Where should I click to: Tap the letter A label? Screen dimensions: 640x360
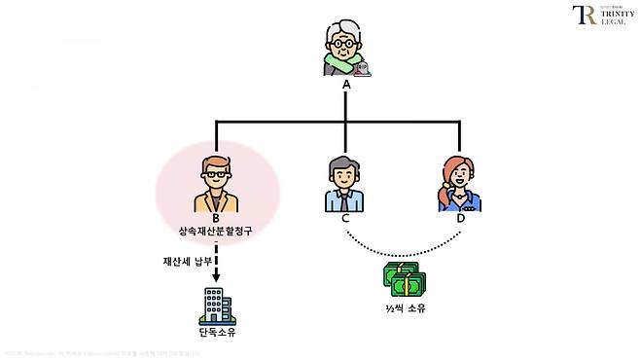click(x=345, y=85)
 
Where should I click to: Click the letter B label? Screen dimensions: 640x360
click(x=216, y=219)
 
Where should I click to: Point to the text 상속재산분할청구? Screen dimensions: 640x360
click(x=216, y=234)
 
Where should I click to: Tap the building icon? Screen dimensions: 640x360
click(x=216, y=306)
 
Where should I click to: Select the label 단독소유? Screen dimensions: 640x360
click(x=216, y=333)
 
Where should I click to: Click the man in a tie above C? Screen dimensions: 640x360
click(x=344, y=183)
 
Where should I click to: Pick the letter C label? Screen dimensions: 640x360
click(x=345, y=219)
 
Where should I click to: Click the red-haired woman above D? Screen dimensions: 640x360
click(x=456, y=183)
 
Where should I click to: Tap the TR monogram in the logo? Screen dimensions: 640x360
click(x=585, y=16)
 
